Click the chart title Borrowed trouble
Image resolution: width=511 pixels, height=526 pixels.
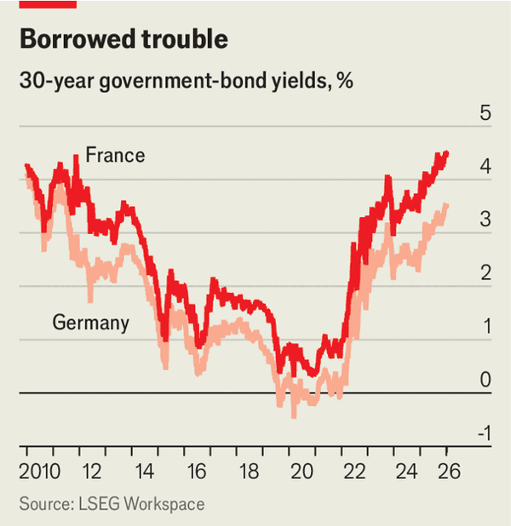[x=123, y=40]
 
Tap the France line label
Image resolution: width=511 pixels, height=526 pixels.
[x=116, y=156]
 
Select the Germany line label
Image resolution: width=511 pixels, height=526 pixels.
[x=91, y=323]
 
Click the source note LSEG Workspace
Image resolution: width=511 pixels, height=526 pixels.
[x=112, y=505]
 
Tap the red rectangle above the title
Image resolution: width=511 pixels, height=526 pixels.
[x=48, y=4]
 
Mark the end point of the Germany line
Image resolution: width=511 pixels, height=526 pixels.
[x=447, y=205]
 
